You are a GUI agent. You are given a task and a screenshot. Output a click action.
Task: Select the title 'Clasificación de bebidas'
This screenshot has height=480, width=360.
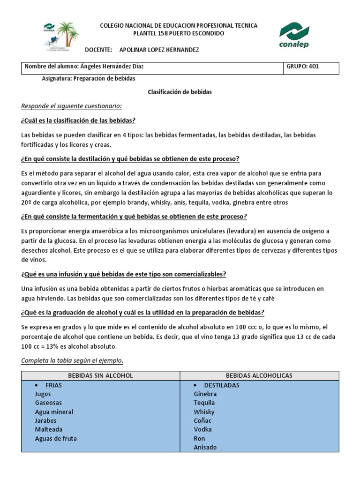[180, 92]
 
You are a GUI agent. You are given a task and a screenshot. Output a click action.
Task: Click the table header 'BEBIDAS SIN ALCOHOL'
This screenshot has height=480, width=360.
[101, 375]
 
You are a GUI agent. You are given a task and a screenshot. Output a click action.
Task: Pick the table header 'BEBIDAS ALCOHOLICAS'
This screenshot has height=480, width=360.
[259, 375]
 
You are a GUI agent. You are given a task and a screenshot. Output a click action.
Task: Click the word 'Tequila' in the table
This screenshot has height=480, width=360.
[204, 403]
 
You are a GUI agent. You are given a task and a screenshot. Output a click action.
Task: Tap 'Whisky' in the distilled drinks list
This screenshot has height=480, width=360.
[204, 412]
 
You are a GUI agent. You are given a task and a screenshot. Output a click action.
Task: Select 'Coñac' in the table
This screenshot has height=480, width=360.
[202, 420]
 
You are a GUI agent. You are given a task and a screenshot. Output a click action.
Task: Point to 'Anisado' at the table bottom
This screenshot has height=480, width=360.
[205, 447]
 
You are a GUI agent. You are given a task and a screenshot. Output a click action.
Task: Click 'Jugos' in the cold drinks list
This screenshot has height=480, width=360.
[43, 394]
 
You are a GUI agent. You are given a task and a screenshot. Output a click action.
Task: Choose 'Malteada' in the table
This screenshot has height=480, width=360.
[48, 429]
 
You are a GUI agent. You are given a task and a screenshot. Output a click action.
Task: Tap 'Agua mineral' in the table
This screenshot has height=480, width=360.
[54, 412]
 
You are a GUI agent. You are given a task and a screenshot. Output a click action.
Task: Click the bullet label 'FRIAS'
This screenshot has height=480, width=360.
[53, 385]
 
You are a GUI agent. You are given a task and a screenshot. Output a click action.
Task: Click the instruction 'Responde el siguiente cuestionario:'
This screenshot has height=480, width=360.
[65, 106]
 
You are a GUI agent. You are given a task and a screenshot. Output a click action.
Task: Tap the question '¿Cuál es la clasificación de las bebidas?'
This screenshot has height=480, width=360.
[78, 120]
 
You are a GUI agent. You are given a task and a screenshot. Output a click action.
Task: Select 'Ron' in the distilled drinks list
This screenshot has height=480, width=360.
[199, 438]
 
